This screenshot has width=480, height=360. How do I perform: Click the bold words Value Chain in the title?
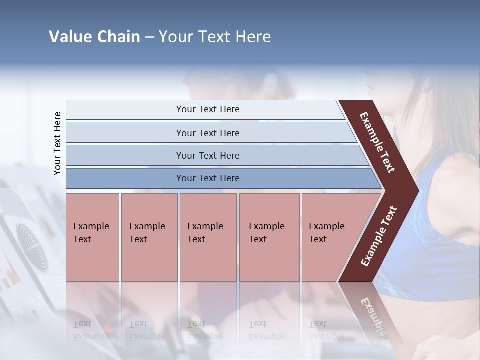point(94,37)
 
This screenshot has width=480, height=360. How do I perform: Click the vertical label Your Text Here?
point(57,143)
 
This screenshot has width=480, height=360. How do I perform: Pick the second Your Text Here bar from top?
point(208,133)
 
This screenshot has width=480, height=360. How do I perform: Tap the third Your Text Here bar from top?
point(208,155)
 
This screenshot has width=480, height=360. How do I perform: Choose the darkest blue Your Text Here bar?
point(208,178)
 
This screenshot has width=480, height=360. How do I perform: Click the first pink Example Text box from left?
point(92,237)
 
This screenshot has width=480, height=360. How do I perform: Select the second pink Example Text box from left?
point(149,237)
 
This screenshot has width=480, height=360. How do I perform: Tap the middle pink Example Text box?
point(208,237)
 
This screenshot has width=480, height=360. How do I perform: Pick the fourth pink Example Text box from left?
point(269,237)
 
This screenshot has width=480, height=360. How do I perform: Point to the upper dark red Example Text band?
point(378,142)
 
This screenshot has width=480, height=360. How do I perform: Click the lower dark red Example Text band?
point(378,236)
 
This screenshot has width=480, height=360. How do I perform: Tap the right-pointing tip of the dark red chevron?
point(415,190)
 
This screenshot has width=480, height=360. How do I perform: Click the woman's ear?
point(426,88)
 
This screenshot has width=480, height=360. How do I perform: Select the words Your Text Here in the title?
point(215,37)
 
